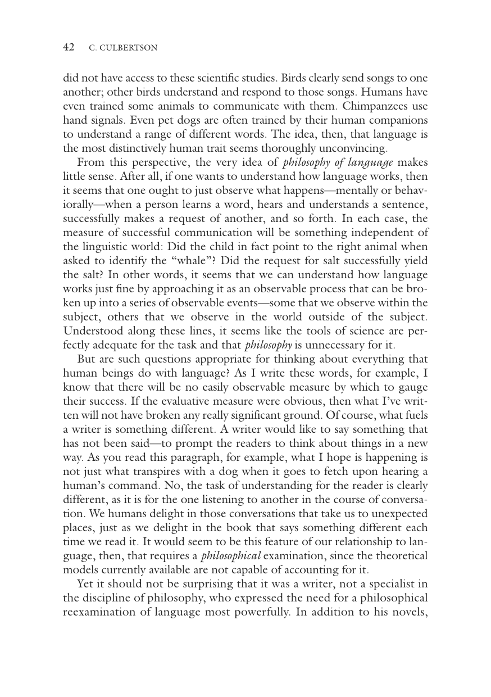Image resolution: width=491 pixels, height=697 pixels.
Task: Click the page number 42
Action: tap(69, 48)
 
